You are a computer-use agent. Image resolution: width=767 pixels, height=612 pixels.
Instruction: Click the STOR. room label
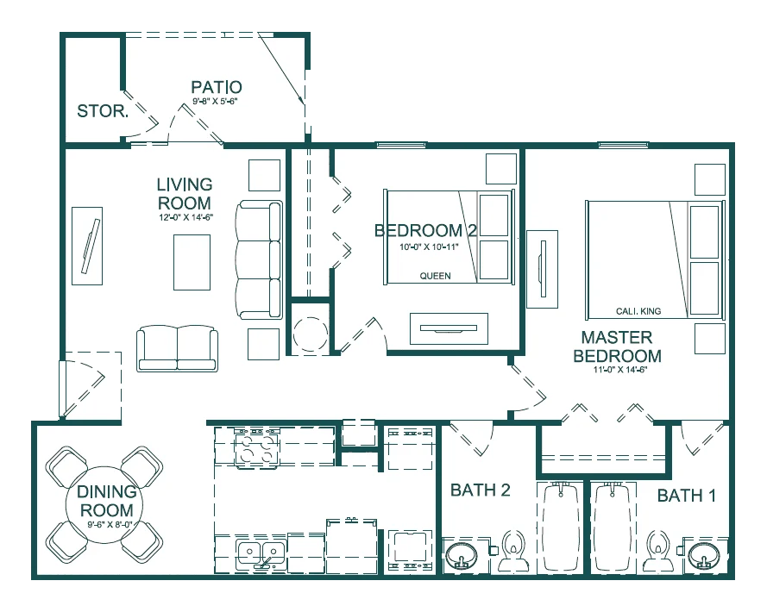pyautogui.click(x=103, y=111)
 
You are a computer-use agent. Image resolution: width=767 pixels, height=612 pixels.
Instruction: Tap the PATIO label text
pyautogui.click(x=216, y=87)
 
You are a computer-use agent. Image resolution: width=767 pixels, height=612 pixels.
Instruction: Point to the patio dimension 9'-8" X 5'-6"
pyautogui.click(x=215, y=101)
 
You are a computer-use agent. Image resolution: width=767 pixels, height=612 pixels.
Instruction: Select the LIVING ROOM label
pyautogui.click(x=184, y=193)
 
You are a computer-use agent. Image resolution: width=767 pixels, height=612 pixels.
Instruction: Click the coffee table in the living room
pyautogui.click(x=192, y=262)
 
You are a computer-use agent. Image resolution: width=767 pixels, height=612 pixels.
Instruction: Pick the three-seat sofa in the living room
pyautogui.click(x=260, y=259)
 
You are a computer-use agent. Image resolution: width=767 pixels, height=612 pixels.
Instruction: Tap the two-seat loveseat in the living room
pyautogui.click(x=178, y=347)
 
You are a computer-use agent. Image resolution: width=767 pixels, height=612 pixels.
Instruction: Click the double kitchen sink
pyautogui.click(x=261, y=553)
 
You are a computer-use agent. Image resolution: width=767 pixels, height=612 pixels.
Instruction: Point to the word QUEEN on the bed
pyautogui.click(x=435, y=277)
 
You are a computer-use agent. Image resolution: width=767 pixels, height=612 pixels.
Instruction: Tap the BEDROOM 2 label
pyautogui.click(x=425, y=230)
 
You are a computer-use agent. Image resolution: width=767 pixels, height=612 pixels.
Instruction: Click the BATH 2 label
pyautogui.click(x=481, y=490)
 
